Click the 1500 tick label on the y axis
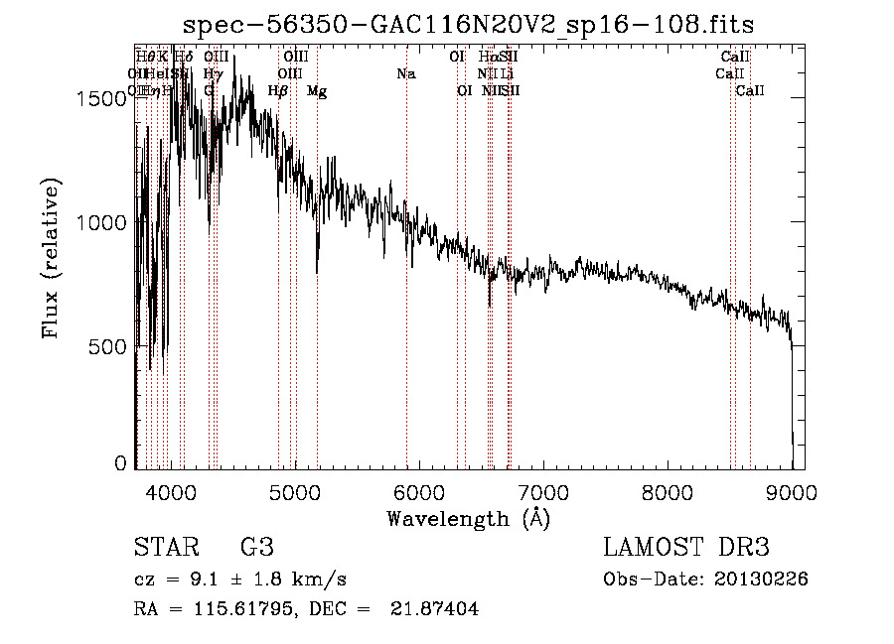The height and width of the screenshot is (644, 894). point(103,97)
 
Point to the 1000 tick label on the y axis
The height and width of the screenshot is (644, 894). point(103,222)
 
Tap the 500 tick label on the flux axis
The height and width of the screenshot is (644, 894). point(110,346)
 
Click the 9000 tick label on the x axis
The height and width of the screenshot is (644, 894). point(792,491)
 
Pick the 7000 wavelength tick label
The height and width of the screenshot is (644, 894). point(543,491)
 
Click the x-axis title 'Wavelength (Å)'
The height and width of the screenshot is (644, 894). point(468,518)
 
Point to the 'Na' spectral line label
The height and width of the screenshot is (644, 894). point(405,73)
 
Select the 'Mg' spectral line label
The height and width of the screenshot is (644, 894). point(317,91)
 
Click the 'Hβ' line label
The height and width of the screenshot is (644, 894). point(278,91)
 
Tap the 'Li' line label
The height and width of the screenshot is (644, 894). point(507,73)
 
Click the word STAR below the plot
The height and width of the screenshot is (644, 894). point(165,548)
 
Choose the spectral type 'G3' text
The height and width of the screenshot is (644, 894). point(256,548)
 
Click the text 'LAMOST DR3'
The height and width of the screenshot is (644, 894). point(686,548)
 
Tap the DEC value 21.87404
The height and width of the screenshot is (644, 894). point(436,609)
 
